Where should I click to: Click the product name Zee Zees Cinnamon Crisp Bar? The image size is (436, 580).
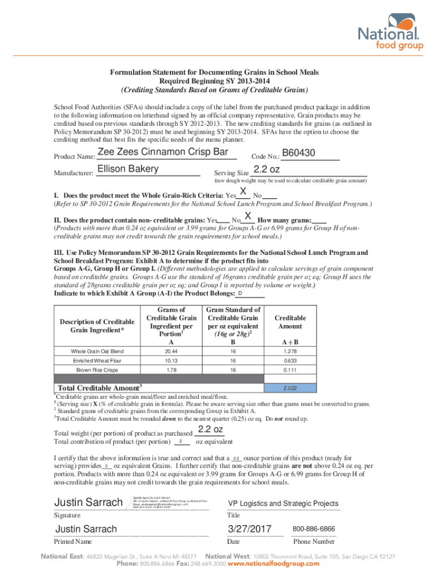[x=163, y=152]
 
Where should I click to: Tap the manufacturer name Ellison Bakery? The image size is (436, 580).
[x=128, y=169]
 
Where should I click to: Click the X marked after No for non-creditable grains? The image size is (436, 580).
[x=247, y=216]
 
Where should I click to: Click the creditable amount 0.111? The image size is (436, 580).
[x=290, y=370]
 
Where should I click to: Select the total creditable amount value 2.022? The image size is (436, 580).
[x=290, y=388]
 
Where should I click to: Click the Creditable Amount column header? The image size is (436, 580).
[x=290, y=322]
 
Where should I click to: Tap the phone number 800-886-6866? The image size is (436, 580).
[x=314, y=529]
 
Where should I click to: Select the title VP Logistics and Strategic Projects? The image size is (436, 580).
[x=283, y=504]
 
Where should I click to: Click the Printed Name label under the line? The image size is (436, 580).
[x=72, y=541]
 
